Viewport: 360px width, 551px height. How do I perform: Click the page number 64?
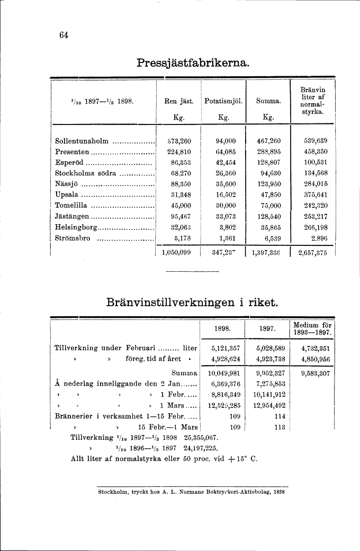tap(64, 35)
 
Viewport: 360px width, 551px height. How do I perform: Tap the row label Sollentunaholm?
tap(82, 141)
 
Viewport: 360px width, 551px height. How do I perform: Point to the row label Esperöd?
tap(70, 163)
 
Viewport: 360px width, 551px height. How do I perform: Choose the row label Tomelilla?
tap(73, 206)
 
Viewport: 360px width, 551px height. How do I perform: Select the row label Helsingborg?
tap(77, 227)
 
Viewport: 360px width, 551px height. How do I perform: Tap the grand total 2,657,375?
tap(313, 253)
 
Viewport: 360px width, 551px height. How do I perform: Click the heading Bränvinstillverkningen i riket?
tap(192, 303)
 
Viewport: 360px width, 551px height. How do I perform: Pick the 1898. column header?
tap(222, 329)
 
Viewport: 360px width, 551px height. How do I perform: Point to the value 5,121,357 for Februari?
tap(226, 348)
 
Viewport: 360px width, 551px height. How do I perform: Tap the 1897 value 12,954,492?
tap(271, 406)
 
